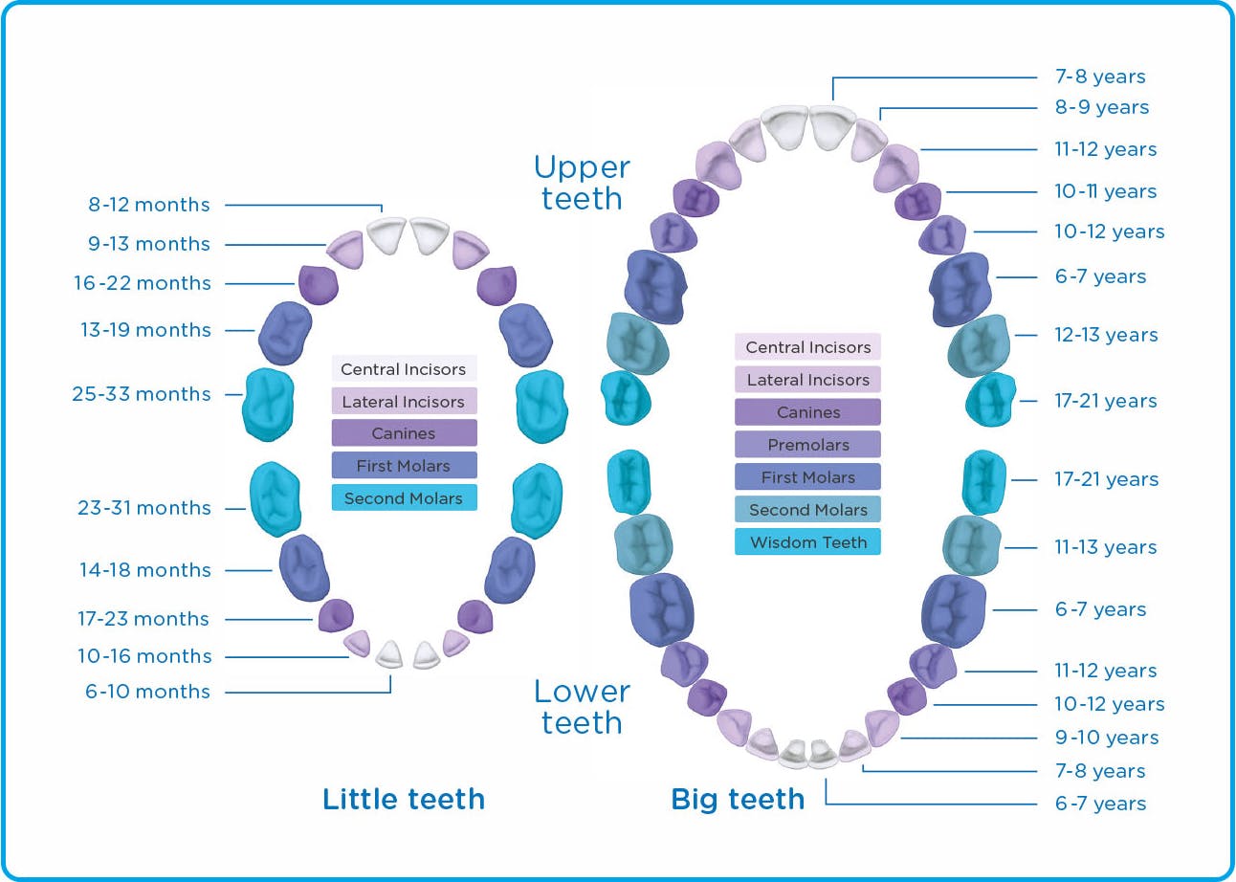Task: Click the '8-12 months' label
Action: click(149, 205)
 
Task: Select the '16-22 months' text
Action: click(143, 283)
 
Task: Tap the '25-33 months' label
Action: click(142, 394)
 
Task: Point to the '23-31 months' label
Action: click(144, 507)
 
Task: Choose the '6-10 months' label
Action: click(147, 691)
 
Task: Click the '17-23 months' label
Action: click(143, 619)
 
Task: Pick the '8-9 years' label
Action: click(1102, 107)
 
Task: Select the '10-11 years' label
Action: click(1106, 191)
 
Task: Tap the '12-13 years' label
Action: click(1106, 335)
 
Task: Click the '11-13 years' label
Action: click(1106, 547)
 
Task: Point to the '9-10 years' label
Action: click(1107, 738)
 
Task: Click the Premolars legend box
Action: click(807, 445)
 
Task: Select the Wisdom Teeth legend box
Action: click(807, 542)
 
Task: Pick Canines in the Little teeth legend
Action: click(405, 433)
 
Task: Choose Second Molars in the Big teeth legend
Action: click(807, 510)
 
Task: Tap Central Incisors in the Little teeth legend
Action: click(405, 368)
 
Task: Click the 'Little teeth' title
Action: click(404, 800)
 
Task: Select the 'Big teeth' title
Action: click(738, 800)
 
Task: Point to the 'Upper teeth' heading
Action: click(583, 183)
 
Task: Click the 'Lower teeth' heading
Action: click(583, 707)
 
